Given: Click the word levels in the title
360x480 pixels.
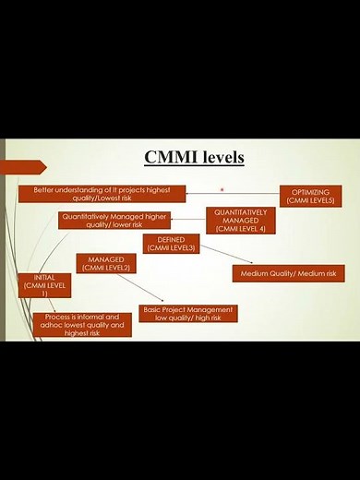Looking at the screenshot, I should pyautogui.click(x=220, y=158).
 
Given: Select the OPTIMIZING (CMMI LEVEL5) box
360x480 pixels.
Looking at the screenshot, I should pyautogui.click(x=311, y=196).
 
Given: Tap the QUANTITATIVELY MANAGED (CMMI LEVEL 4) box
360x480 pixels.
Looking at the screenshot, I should pyautogui.click(x=240, y=220).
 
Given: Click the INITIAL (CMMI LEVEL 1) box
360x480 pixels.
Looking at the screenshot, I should pyautogui.click(x=43, y=284).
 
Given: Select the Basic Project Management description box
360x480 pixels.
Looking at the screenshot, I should pyautogui.click(x=187, y=314).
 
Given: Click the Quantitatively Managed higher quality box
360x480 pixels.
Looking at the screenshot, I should pyautogui.click(x=114, y=220).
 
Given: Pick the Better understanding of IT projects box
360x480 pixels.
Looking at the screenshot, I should pyautogui.click(x=102, y=193).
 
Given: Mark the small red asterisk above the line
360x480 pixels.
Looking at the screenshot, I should pyautogui.click(x=222, y=189).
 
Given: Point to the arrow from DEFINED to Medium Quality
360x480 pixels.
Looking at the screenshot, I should pyautogui.click(x=227, y=256).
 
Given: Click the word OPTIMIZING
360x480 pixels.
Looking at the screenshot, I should pyautogui.click(x=311, y=191).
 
